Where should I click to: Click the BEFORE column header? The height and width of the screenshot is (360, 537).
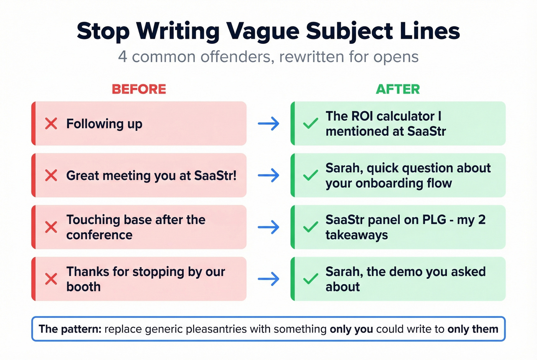click(x=139, y=89)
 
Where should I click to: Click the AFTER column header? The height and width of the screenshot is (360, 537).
click(x=398, y=89)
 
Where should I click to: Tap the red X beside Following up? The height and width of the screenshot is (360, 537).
click(x=51, y=124)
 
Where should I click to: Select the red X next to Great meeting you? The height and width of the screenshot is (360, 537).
click(x=51, y=176)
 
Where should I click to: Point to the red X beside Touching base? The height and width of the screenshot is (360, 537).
click(x=51, y=227)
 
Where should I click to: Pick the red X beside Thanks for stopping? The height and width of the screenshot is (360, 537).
click(x=51, y=279)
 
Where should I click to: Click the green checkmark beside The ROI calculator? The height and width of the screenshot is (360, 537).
click(x=310, y=123)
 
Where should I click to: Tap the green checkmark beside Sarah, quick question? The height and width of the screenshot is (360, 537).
click(x=310, y=175)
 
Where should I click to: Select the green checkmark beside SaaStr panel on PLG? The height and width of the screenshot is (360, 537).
click(x=310, y=227)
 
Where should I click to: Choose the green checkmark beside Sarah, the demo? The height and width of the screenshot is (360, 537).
click(x=310, y=279)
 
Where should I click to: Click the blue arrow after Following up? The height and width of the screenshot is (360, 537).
click(x=268, y=124)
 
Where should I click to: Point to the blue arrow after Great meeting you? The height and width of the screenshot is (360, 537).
click(x=268, y=176)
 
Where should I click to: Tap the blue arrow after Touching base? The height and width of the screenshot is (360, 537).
click(x=268, y=227)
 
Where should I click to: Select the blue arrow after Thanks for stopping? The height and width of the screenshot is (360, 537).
click(x=268, y=279)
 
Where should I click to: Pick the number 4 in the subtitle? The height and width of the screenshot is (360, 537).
click(x=122, y=57)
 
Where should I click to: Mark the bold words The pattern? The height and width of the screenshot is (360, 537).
click(x=70, y=329)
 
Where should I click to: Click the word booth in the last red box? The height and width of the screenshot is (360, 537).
click(x=83, y=287)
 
